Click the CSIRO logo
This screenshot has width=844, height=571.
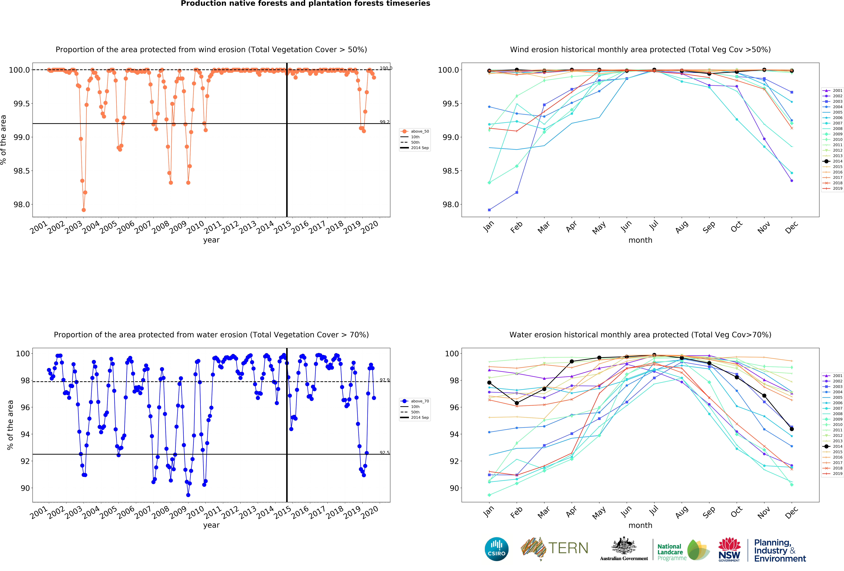[496, 549]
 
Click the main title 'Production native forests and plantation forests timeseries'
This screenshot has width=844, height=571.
[305, 4]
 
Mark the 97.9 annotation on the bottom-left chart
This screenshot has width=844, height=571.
[384, 380]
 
